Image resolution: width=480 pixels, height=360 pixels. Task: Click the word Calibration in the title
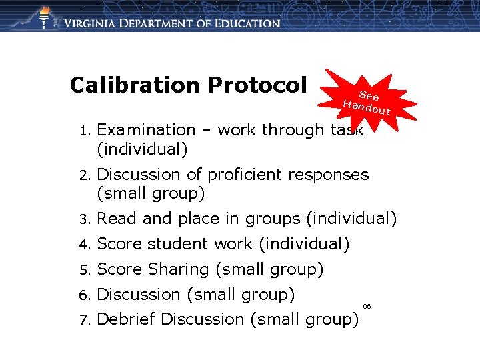click(135, 85)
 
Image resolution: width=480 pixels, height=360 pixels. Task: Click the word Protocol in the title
click(257, 85)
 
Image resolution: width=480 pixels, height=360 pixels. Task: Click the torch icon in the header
click(44, 18)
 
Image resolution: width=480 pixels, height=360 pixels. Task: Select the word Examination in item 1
click(146, 130)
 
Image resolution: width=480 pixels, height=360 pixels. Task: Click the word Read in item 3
click(116, 219)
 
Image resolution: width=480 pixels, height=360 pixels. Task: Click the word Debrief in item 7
click(127, 319)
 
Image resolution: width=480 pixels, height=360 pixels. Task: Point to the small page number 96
click(367, 306)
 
